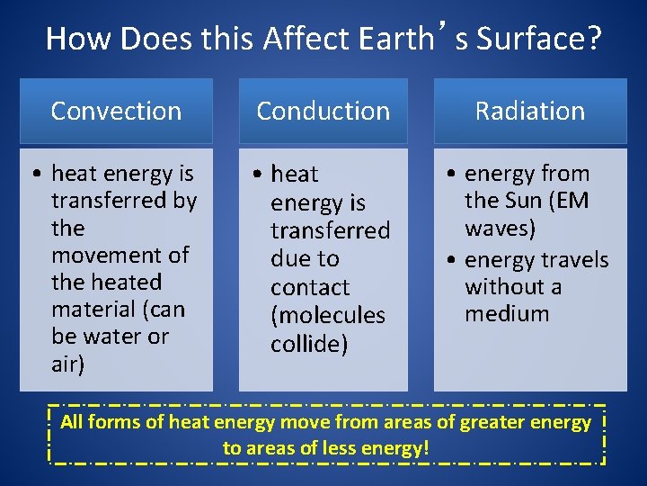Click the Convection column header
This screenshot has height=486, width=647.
[116, 111]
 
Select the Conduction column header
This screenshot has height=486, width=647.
[323, 111]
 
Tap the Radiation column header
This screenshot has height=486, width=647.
[529, 111]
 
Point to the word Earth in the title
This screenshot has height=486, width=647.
[394, 39]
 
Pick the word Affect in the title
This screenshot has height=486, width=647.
[299, 39]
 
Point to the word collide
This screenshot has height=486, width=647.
[309, 344]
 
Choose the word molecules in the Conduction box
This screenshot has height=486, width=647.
[327, 315]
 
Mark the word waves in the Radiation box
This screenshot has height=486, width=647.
[500, 228]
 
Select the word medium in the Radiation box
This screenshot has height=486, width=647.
[506, 313]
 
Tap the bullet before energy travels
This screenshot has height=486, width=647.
[452, 261]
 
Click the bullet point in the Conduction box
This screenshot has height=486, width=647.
[257, 175]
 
